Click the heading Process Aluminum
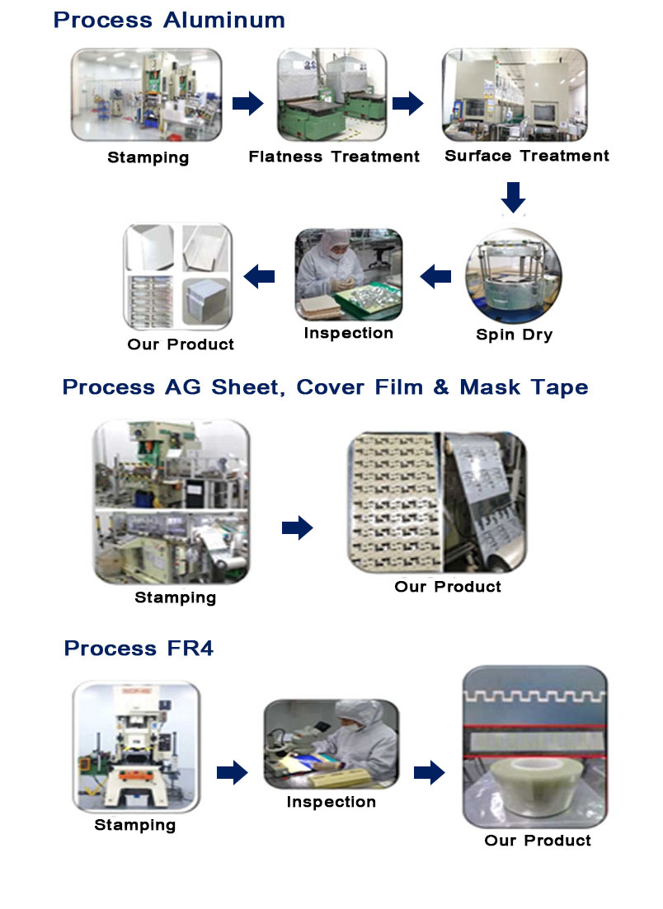coord(169,21)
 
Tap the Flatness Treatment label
coord(333,157)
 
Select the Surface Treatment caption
coord(527,156)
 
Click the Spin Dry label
coord(514,335)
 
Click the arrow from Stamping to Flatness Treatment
coord(247,103)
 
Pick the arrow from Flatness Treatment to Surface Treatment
coord(407,103)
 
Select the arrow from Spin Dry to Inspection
coord(435,276)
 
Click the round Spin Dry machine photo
coord(514,276)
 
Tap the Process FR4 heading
coord(139,648)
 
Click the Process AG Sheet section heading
coord(325,387)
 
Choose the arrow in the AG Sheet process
coord(297,527)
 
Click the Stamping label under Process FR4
coord(134,825)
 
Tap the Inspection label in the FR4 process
coord(331,802)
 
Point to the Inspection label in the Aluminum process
coord(349,333)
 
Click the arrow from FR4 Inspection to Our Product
coord(430,772)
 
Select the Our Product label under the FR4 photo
coord(538,841)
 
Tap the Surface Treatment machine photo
coord(515,95)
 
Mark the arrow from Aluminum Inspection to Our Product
coord(259,276)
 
